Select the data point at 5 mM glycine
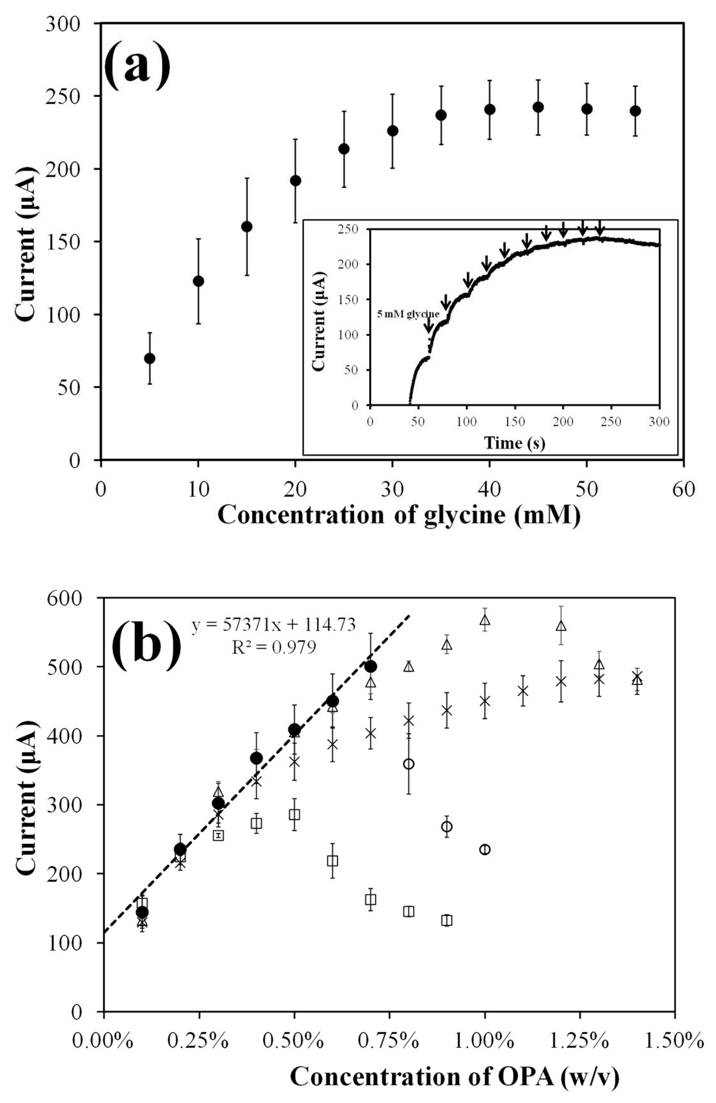[x=150, y=358]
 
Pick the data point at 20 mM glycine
[x=296, y=180]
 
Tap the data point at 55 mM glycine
[x=635, y=111]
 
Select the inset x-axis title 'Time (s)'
[x=514, y=443]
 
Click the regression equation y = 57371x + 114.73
[x=274, y=625]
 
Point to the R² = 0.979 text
[x=274, y=647]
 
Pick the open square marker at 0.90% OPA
[x=446, y=920]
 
